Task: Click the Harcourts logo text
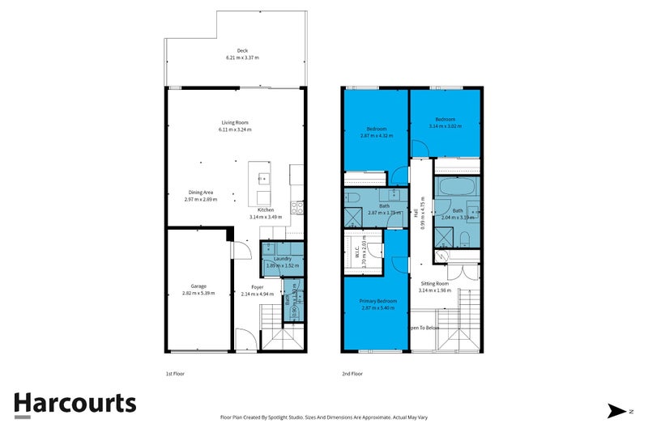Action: (75, 404)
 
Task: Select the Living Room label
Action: (235, 122)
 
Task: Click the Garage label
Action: (198, 286)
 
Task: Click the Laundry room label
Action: (282, 258)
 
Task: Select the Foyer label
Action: (257, 286)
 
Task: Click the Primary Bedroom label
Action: (375, 301)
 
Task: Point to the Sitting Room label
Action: (434, 284)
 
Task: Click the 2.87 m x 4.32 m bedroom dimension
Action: (376, 136)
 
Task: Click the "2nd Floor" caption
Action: (352, 374)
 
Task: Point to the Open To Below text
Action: (424, 328)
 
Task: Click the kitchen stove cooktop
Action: (297, 205)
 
